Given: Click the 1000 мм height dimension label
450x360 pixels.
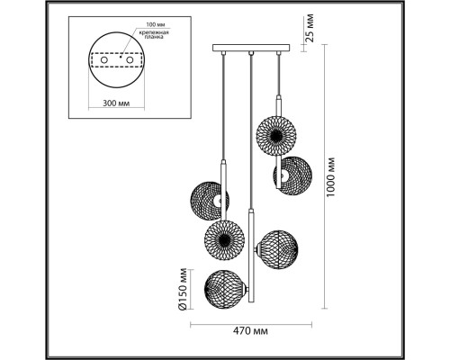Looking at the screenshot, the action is click(330, 176).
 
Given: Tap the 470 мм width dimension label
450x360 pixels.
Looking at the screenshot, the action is click(250, 331).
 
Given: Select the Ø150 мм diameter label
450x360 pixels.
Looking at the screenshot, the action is click(183, 289).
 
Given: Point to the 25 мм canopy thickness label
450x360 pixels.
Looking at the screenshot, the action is click(310, 28).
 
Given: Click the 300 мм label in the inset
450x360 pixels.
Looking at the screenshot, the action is click(116, 103).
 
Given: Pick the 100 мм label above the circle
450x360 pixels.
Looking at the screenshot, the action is click(156, 24).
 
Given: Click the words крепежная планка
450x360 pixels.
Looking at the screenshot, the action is click(154, 35).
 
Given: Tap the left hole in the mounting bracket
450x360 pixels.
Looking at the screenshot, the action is click(104, 60).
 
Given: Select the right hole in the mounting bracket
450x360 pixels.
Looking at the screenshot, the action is click(130, 60).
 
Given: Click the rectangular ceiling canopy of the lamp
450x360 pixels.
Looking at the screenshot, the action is click(251, 48).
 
